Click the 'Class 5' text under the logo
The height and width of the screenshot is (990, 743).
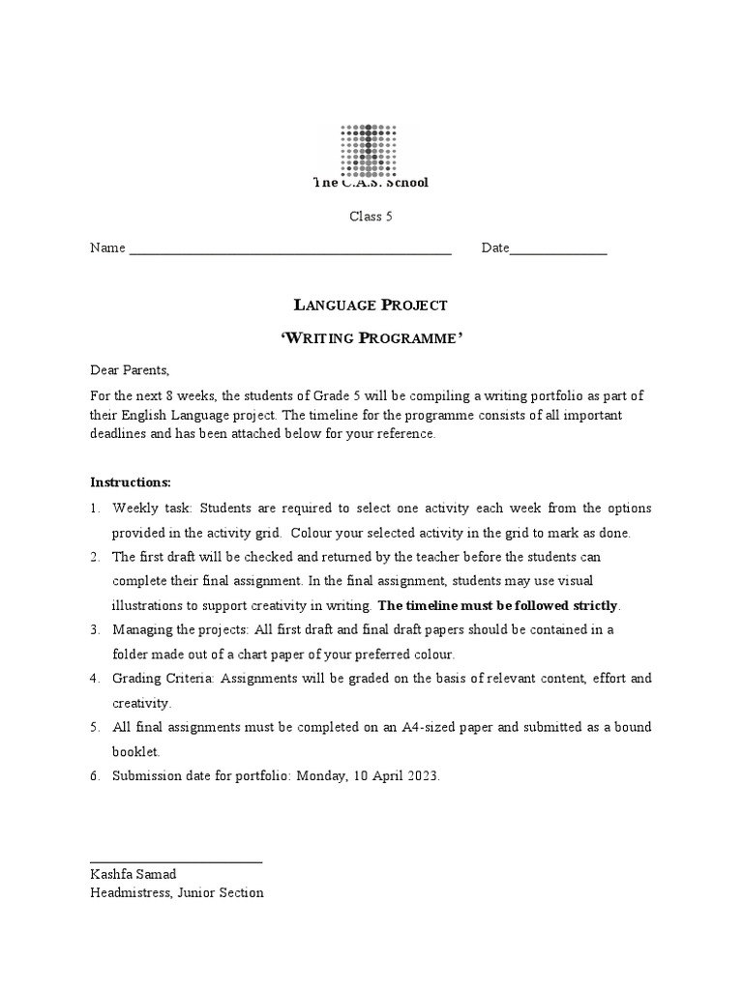(371, 217)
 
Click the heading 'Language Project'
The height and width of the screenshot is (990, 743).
(371, 306)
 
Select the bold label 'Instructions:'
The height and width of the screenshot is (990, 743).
(131, 482)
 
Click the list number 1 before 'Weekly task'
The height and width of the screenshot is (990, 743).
(95, 509)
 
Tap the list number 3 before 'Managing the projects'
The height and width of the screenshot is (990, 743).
(95, 629)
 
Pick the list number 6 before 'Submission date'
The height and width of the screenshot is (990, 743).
(95, 775)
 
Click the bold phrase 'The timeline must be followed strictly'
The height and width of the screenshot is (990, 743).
(497, 606)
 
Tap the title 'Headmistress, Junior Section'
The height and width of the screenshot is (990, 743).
(176, 893)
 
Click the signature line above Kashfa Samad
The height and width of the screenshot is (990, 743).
(175, 860)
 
